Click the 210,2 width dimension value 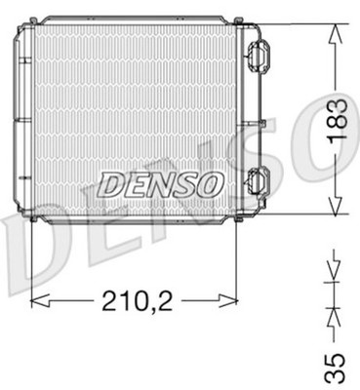(138, 300)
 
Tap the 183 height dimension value (337, 121)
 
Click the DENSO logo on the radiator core (161, 185)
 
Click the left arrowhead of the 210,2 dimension (40, 300)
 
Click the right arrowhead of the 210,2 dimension (228, 300)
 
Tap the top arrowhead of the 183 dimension (336, 34)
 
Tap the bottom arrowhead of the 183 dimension (336, 205)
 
